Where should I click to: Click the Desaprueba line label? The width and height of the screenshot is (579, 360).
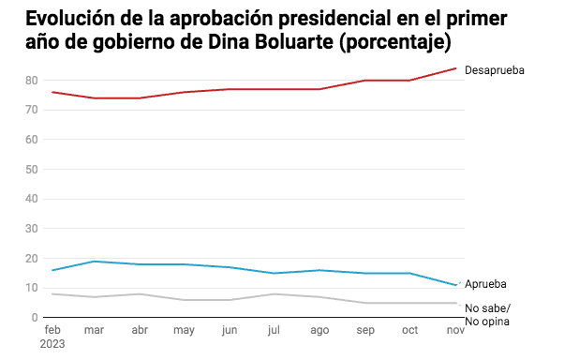[x=495, y=70]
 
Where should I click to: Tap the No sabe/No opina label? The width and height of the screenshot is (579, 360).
[x=489, y=315]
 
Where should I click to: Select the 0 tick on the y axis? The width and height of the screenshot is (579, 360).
[x=34, y=318]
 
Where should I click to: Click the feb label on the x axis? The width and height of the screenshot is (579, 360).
[x=52, y=330]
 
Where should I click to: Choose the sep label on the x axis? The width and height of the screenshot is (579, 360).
[x=366, y=330]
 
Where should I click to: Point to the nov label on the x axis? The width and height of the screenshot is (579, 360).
[x=455, y=330]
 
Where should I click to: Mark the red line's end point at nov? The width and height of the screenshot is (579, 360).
[x=456, y=67]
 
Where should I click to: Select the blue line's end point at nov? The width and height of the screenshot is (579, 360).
[x=456, y=285]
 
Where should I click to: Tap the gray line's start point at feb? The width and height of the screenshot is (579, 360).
[x=52, y=294]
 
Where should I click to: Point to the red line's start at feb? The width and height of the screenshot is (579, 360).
[x=52, y=92]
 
